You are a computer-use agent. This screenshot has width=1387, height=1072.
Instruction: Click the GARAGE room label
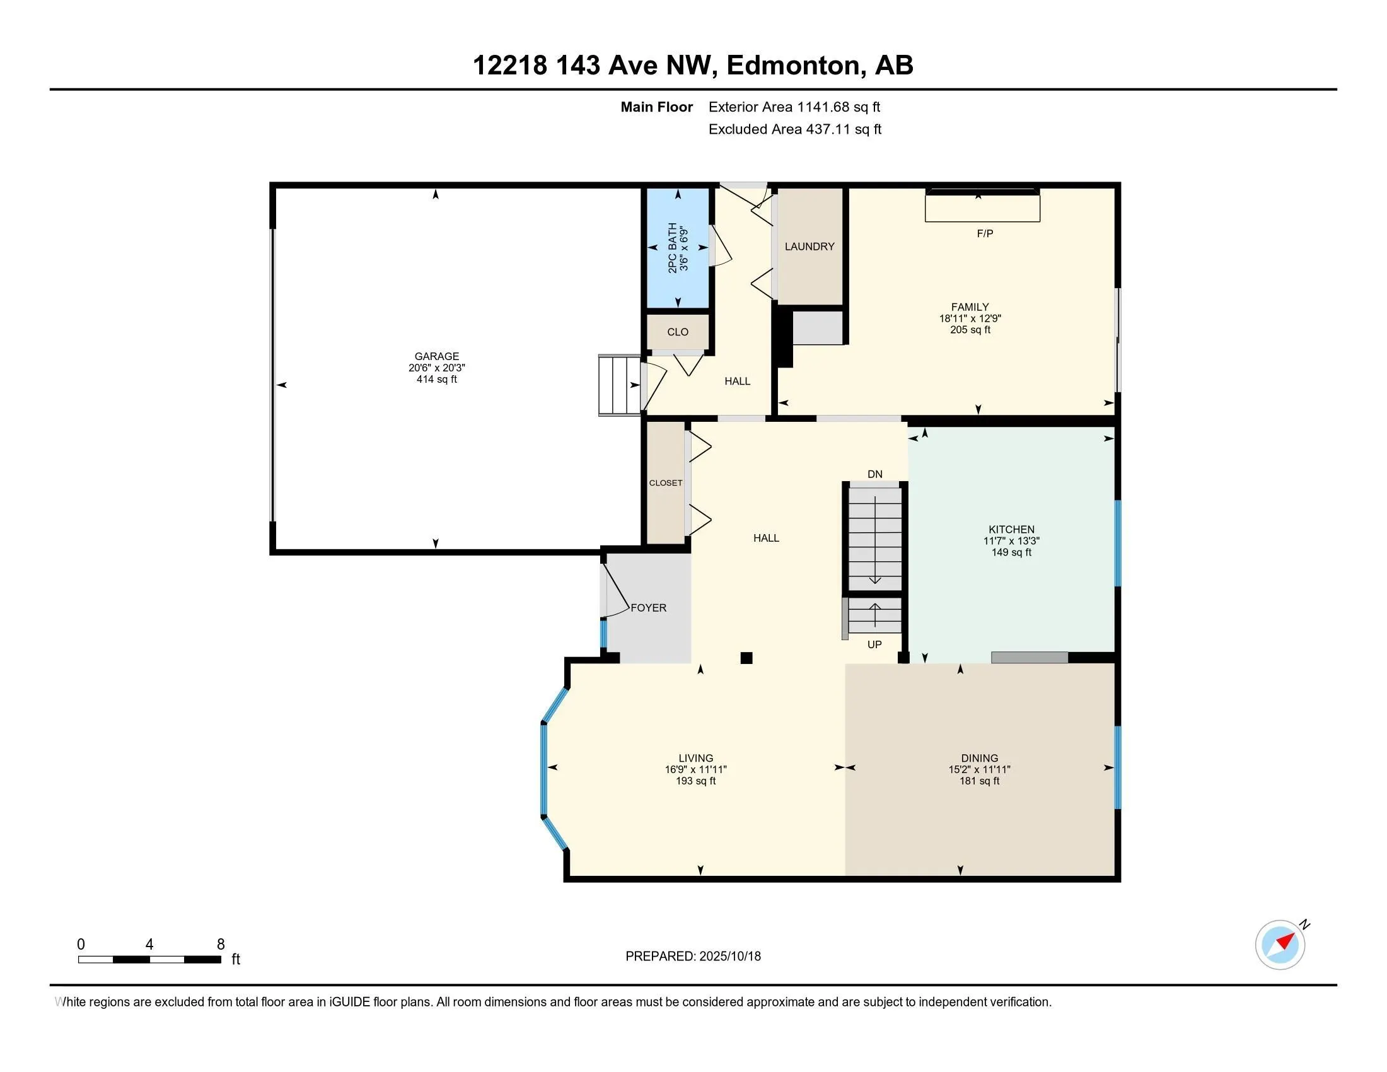pyautogui.click(x=436, y=356)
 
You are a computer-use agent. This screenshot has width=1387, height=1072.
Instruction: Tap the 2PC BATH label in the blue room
pyautogui.click(x=672, y=248)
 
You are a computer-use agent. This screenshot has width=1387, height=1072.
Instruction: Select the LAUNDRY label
pyautogui.click(x=809, y=247)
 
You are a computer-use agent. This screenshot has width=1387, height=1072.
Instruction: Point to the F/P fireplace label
pyautogui.click(x=984, y=234)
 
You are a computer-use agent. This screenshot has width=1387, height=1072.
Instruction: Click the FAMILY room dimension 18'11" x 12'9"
pyautogui.click(x=970, y=319)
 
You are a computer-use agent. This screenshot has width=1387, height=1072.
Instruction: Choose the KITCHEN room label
pyautogui.click(x=1011, y=530)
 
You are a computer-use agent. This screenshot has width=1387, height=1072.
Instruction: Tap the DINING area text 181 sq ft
pyautogui.click(x=979, y=781)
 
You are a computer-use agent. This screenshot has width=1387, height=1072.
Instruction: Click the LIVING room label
pyautogui.click(x=695, y=758)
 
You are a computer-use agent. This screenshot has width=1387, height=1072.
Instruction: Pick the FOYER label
pyautogui.click(x=648, y=609)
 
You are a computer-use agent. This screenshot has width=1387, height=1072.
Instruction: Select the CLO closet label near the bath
pyautogui.click(x=678, y=332)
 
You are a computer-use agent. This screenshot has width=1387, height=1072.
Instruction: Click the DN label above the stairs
pyautogui.click(x=874, y=474)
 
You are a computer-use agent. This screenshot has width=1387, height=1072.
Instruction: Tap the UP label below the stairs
pyautogui.click(x=874, y=644)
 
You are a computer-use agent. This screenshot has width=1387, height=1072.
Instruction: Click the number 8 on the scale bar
pyautogui.click(x=221, y=945)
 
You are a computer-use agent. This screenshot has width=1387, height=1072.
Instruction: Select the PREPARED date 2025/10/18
pyautogui.click(x=729, y=957)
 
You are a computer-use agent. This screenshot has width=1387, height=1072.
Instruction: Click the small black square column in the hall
pyautogui.click(x=747, y=658)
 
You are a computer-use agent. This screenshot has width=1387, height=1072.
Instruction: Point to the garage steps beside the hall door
pyautogui.click(x=619, y=385)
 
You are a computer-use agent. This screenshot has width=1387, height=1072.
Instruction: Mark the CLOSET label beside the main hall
pyautogui.click(x=666, y=483)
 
